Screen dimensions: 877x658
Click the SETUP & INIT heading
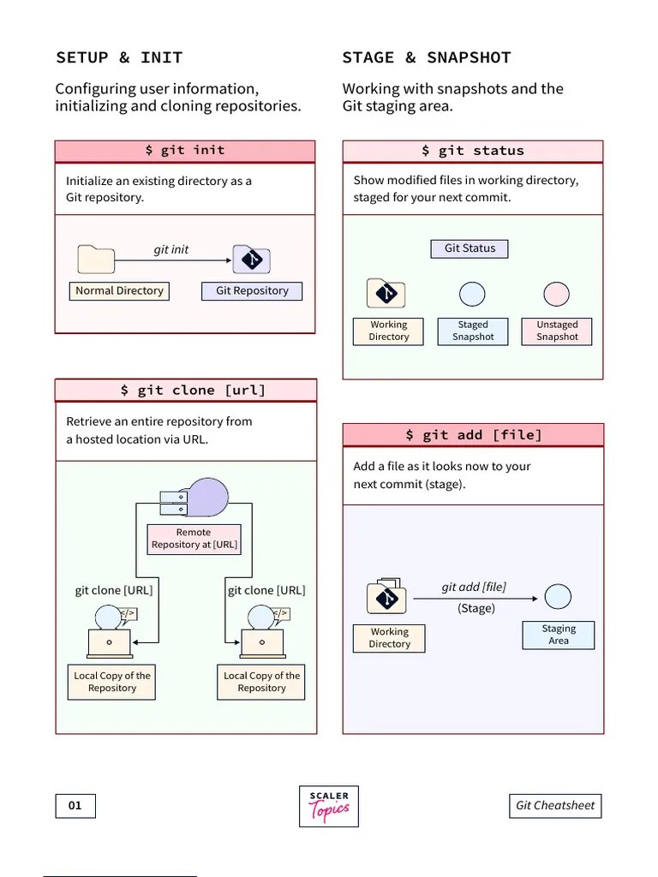pyautogui.click(x=119, y=58)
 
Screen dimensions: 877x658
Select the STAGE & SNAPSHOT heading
pyautogui.click(x=426, y=58)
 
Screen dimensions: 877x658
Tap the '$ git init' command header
pyautogui.click(x=185, y=151)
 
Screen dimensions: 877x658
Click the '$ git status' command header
pyautogui.click(x=473, y=151)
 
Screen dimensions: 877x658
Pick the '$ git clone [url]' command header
pyautogui.click(x=186, y=391)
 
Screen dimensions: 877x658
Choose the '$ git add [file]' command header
pyautogui.click(x=473, y=435)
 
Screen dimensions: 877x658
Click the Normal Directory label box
pyautogui.click(x=119, y=291)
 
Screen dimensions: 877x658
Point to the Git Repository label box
pyautogui.click(x=252, y=291)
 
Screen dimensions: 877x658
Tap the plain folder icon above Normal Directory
pyautogui.click(x=96, y=259)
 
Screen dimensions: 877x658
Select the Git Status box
pyautogui.click(x=470, y=248)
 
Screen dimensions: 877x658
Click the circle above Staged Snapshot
pyautogui.click(x=472, y=295)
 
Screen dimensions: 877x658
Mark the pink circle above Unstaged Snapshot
pyautogui.click(x=557, y=295)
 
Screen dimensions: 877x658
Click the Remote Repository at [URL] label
pyautogui.click(x=194, y=539)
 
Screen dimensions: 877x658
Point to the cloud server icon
pyautogui.click(x=195, y=498)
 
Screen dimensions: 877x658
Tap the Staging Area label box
pyautogui.click(x=559, y=635)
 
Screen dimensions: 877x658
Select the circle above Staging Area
pyautogui.click(x=558, y=597)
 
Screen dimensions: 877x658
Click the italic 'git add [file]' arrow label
pyautogui.click(x=474, y=587)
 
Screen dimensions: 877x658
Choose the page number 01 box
pyautogui.click(x=75, y=806)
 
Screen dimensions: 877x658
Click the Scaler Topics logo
pyautogui.click(x=329, y=806)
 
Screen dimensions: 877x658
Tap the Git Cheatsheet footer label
pyautogui.click(x=555, y=806)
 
